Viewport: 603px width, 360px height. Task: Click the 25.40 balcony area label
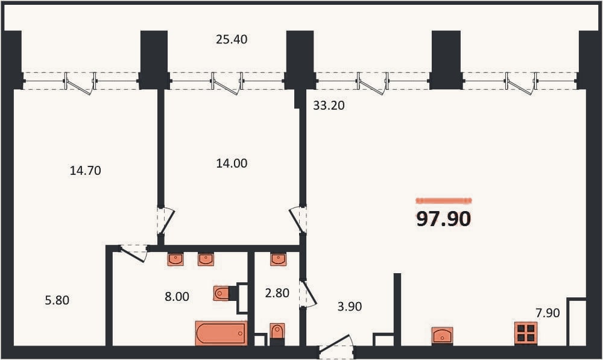tap(232, 39)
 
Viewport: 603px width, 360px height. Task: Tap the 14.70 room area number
tap(86, 171)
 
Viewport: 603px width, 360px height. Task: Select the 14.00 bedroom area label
tap(232, 163)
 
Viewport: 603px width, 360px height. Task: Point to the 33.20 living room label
tap(329, 106)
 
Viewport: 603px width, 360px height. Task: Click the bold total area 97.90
tap(444, 219)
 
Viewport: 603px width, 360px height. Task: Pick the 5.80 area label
tap(57, 300)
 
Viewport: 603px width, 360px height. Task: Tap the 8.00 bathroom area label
tap(177, 297)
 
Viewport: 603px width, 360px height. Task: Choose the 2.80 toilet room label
tap(277, 293)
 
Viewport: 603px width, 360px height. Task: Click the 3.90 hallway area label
tap(350, 306)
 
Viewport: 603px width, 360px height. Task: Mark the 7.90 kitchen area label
tap(548, 313)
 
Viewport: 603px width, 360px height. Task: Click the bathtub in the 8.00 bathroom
tap(221, 333)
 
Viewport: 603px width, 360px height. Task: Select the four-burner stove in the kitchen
tap(526, 333)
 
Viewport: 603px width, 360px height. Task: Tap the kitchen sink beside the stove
tap(442, 336)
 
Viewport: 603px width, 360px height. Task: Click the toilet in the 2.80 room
tap(277, 332)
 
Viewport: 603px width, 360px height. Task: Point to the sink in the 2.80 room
tap(278, 259)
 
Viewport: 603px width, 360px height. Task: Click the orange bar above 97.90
tap(444, 200)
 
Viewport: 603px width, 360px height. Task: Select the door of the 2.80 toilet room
tap(308, 294)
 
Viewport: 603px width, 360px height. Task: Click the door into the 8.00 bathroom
tap(134, 253)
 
